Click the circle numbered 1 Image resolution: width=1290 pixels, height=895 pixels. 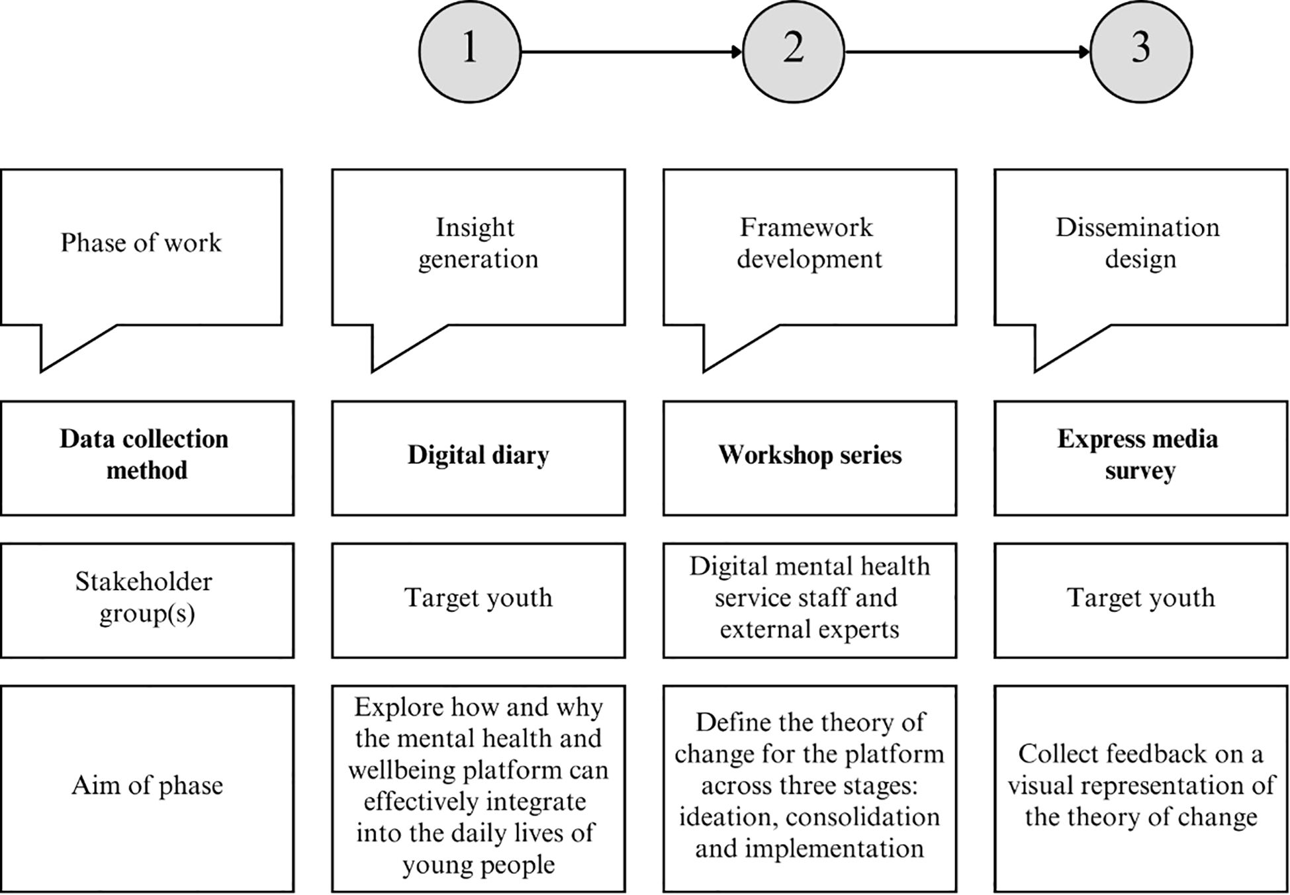click(x=469, y=52)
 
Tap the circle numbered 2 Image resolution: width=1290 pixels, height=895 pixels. click(x=793, y=52)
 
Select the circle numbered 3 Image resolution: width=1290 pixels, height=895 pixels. click(x=1140, y=52)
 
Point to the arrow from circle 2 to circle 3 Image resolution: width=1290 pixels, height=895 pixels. click(x=966, y=52)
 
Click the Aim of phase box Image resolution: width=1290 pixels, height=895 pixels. click(x=146, y=788)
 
